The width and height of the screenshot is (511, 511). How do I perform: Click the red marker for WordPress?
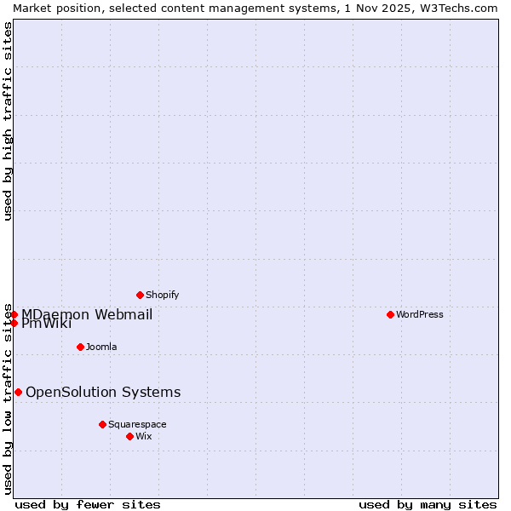(x=390, y=314)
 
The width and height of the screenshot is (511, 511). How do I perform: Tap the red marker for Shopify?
(x=141, y=295)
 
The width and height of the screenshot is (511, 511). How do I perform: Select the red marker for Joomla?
(x=80, y=347)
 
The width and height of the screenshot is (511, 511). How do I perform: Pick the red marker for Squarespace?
(x=102, y=424)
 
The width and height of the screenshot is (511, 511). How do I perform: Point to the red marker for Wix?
(x=129, y=436)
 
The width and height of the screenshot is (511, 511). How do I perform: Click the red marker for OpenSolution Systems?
(x=18, y=392)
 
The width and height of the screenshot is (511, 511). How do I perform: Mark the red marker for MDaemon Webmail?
(x=14, y=314)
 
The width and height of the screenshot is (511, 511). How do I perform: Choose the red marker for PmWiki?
(x=14, y=323)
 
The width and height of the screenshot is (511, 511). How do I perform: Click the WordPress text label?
(x=420, y=314)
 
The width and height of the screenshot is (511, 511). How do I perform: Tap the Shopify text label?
(x=163, y=295)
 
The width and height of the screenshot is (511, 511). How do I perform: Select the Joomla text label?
(x=101, y=347)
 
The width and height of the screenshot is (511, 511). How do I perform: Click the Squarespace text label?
(x=137, y=424)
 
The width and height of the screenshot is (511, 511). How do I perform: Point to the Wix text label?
(x=144, y=436)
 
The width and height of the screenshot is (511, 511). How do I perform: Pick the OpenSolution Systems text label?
(x=103, y=392)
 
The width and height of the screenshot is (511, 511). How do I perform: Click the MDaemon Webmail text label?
(x=87, y=314)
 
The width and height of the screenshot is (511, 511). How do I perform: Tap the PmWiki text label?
(x=47, y=324)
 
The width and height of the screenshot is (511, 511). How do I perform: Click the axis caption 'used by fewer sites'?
(x=88, y=504)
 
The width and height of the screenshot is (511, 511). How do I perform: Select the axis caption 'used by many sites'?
(x=428, y=504)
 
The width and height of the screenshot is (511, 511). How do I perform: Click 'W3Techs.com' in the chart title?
(x=457, y=8)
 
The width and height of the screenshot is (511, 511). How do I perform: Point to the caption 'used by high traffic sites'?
(x=8, y=121)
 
